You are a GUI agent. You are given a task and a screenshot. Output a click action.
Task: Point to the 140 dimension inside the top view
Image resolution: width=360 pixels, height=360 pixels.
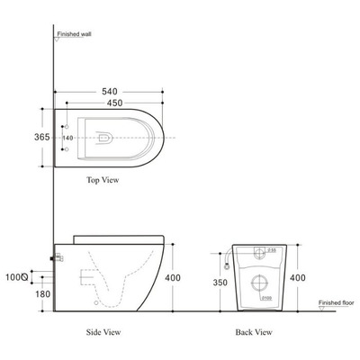(x=79, y=138)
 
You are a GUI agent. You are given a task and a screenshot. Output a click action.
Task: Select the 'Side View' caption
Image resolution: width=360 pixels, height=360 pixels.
(x=104, y=332)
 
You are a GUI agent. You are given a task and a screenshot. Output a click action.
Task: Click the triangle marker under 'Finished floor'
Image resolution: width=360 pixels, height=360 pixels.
(x=325, y=311)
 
